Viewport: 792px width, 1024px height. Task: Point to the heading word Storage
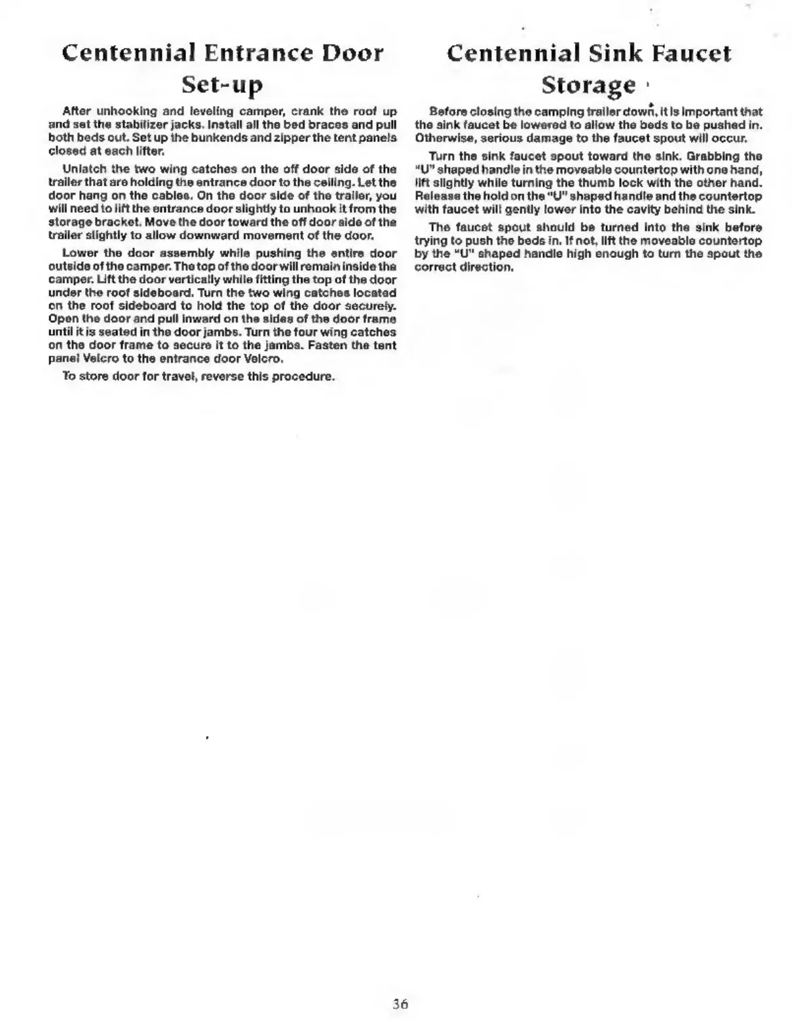(x=588, y=84)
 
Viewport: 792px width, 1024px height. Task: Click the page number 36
(x=400, y=1003)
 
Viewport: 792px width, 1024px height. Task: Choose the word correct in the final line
(x=438, y=266)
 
